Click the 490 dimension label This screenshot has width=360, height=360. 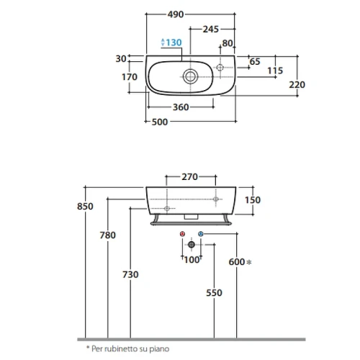[x=176, y=14]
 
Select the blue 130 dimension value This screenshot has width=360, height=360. [x=174, y=42]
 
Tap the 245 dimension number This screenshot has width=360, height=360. [x=211, y=30]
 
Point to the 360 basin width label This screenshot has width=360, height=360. [x=181, y=107]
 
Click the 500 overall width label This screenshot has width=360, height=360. [x=160, y=122]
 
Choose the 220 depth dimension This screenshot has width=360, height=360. [x=297, y=85]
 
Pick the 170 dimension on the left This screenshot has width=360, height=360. [x=130, y=77]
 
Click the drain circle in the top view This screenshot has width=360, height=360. [x=191, y=76]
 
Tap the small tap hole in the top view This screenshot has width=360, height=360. [x=220, y=68]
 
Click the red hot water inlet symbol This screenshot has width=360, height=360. [x=182, y=234]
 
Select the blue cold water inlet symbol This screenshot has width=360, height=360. [x=201, y=234]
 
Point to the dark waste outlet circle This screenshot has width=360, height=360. [x=192, y=245]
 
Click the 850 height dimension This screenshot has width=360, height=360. [x=85, y=207]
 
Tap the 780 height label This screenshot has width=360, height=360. [x=108, y=235]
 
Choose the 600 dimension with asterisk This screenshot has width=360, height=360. [x=240, y=262]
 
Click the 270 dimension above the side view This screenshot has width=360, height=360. [x=189, y=177]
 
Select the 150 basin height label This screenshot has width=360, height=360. [x=253, y=200]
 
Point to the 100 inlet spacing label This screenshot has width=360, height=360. [x=192, y=260]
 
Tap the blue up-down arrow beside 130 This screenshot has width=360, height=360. [x=163, y=42]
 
